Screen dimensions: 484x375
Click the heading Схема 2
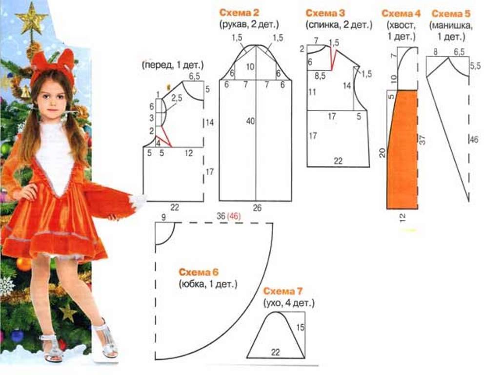[x=239, y=13]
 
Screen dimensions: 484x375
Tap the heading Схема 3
[x=325, y=13]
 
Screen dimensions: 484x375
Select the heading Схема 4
[x=401, y=14]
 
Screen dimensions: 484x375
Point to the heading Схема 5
[x=451, y=14]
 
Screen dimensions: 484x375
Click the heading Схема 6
[x=199, y=272]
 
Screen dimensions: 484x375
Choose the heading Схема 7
[x=283, y=292]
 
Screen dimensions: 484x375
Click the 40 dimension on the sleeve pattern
[x=251, y=121]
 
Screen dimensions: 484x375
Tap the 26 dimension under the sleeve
[x=257, y=208]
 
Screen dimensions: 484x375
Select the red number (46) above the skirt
[x=234, y=216]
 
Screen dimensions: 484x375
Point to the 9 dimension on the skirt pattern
[x=163, y=217]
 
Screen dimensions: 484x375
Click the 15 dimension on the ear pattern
[x=301, y=327]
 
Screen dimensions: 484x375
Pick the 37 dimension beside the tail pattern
[x=423, y=140]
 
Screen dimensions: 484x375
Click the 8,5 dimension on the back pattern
[x=320, y=76]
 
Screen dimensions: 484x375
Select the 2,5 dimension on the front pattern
[x=177, y=98]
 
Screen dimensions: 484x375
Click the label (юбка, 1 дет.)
[x=208, y=284]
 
